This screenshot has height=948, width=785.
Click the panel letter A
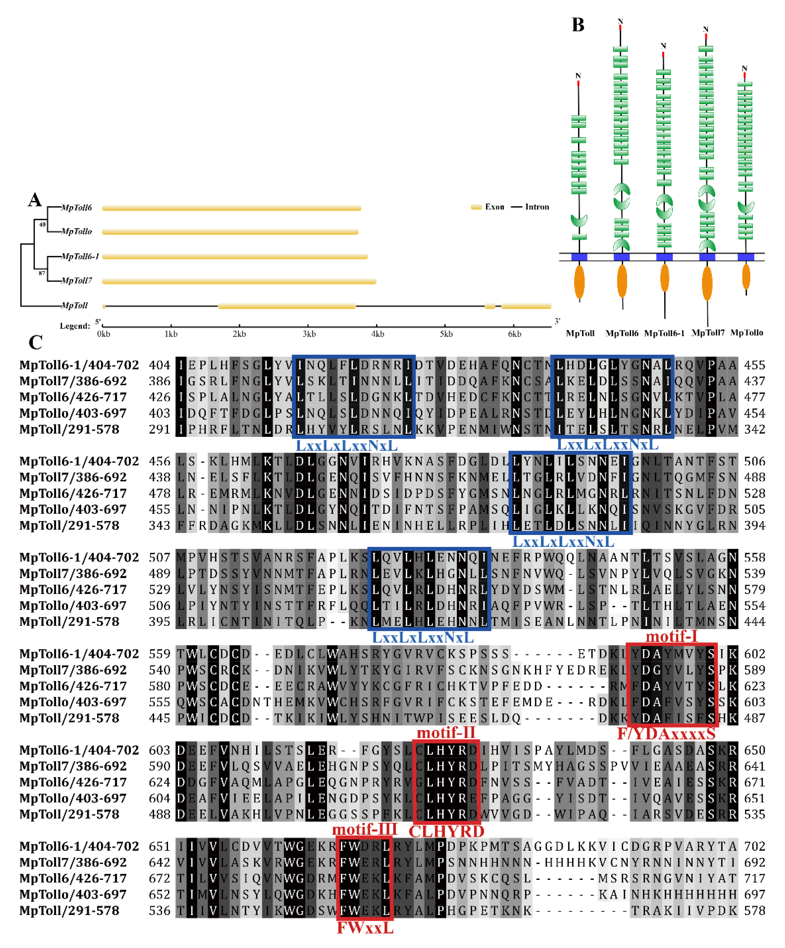pos(35,200)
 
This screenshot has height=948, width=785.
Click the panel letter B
pos(578,25)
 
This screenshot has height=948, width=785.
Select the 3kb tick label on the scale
pos(309,334)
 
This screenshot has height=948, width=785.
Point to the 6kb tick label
pos(514,334)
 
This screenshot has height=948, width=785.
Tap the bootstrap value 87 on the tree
pos(42,273)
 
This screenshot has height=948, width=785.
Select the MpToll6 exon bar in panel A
pos(231,208)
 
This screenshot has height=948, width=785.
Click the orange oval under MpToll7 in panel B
pos(707,283)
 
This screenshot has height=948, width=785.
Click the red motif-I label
pos(672,636)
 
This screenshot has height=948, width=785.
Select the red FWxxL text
pos(365,928)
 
